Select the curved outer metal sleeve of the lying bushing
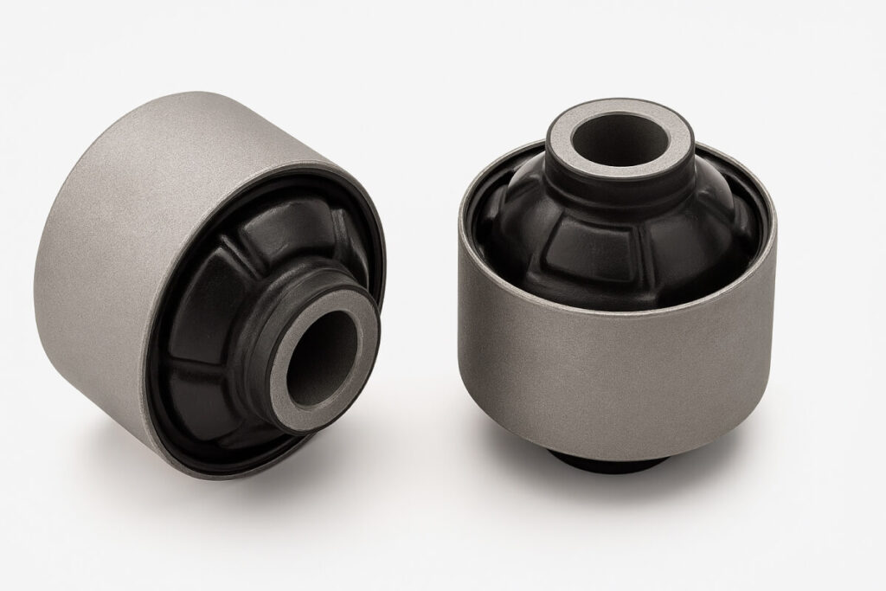click(130, 216)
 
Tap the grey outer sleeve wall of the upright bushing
click(606, 363)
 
